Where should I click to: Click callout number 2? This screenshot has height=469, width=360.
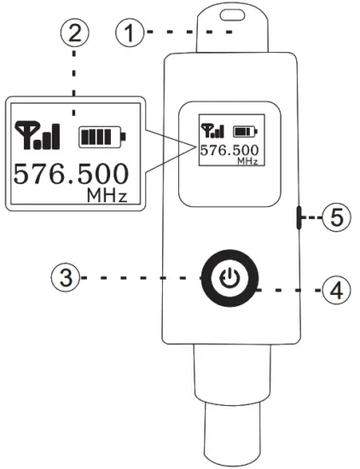[74, 34]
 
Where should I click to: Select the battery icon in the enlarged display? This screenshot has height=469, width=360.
[101, 136]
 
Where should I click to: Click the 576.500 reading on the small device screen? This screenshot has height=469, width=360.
[229, 151]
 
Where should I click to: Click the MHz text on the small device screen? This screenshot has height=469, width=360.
[247, 160]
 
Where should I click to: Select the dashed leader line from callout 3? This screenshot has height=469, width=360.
[136, 277]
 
